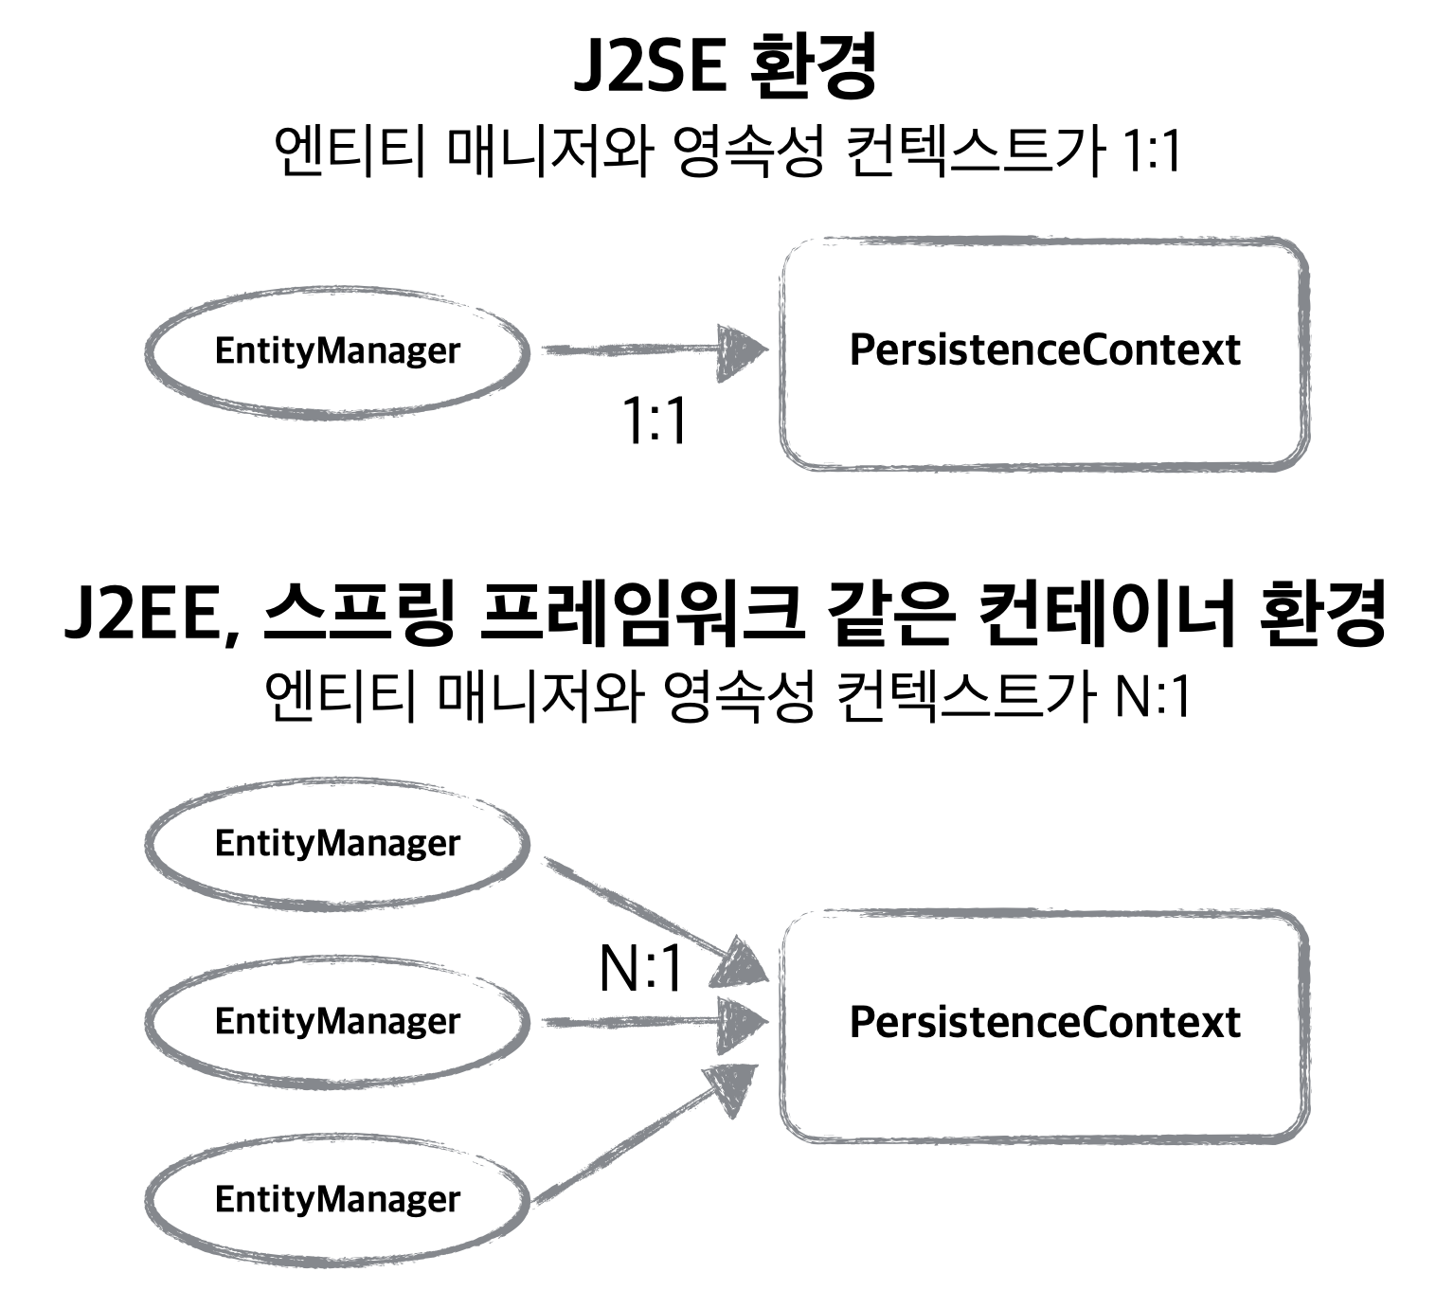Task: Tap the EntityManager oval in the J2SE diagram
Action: coord(336,350)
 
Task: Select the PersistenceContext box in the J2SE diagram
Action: coord(1044,351)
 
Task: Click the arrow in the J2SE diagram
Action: coord(654,350)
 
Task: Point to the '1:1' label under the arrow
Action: coord(654,421)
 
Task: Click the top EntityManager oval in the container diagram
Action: coord(336,843)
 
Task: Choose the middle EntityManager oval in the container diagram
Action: coord(336,1021)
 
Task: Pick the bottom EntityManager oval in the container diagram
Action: coord(336,1199)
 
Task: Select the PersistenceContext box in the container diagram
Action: coord(1044,1023)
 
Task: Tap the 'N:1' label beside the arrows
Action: coord(641,969)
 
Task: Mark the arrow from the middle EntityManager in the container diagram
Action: coord(654,1021)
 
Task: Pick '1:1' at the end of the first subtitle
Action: coord(1151,152)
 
